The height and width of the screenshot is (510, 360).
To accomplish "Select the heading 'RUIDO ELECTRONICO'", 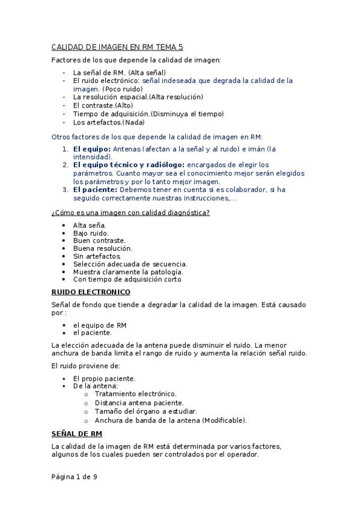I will tap(91, 292).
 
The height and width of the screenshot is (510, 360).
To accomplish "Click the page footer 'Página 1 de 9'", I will tap(74, 477).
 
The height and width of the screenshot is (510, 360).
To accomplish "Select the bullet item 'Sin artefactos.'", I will tap(97, 256).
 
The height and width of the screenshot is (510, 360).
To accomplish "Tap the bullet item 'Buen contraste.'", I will tap(99, 241).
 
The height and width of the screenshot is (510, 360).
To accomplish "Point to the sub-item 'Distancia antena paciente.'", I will tap(139, 403).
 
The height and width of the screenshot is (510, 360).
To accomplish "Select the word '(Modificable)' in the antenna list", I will tap(224, 420).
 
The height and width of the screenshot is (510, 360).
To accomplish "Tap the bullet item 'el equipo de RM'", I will tap(100, 325).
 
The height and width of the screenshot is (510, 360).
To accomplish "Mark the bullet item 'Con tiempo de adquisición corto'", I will tap(127, 279).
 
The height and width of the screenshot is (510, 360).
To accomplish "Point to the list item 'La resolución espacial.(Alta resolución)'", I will tap(138, 97).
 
